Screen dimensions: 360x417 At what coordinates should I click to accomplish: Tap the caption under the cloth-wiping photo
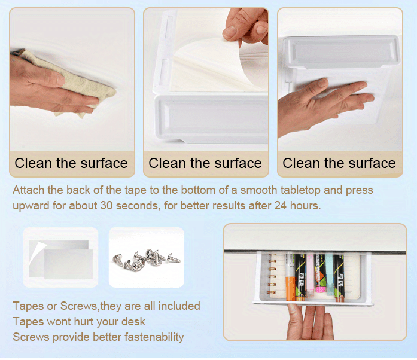coord(71,163)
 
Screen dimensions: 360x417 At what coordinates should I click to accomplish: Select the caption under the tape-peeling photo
coord(205,163)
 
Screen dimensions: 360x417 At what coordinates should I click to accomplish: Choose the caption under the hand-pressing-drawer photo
coord(339,163)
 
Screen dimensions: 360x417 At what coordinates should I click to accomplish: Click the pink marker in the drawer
coord(311,275)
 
